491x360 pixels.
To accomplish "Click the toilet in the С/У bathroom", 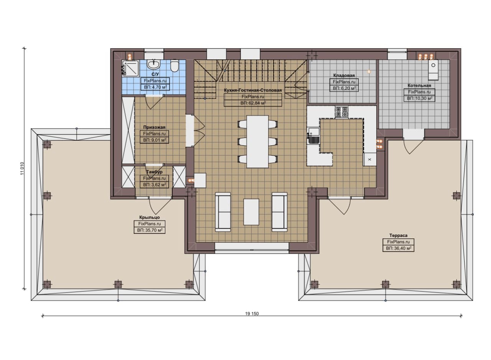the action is (175, 65).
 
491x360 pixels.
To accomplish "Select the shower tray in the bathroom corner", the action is (130, 68).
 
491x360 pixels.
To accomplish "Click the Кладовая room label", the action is (344, 76).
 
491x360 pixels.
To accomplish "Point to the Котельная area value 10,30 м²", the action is (420, 99).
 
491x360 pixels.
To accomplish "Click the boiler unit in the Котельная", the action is (433, 69).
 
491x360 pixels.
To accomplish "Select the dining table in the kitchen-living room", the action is (257, 141).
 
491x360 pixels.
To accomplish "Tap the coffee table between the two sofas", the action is (251, 212).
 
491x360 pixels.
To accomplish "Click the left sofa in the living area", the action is (223, 212).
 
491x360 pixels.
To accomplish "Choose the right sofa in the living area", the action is (280, 212).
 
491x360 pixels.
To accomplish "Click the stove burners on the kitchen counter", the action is (341, 112).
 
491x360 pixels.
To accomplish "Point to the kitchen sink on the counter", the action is (314, 136).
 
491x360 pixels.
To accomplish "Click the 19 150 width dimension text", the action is (252, 314).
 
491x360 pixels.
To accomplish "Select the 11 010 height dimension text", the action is (22, 168).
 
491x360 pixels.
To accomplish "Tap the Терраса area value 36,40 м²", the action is (399, 248).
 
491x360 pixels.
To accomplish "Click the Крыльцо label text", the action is (150, 217).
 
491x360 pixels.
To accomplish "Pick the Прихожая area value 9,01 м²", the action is (154, 140).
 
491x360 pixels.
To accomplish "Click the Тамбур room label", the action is (154, 172).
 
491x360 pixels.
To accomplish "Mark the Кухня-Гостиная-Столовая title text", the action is (253, 90).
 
